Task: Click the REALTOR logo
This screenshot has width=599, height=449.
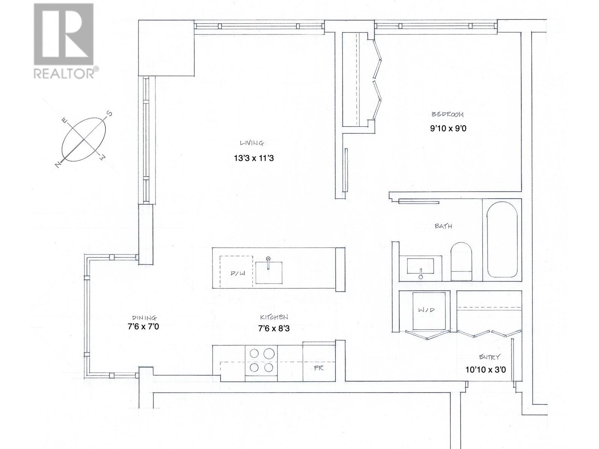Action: tap(64, 41)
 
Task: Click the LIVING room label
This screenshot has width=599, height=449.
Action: tap(252, 143)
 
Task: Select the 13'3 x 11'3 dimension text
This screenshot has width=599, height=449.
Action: tap(254, 158)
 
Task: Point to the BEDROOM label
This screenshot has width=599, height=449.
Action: tap(448, 114)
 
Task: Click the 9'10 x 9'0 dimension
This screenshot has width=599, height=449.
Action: tap(448, 129)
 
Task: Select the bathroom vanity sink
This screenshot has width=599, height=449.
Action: tap(420, 266)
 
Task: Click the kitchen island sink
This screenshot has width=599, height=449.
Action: tap(269, 272)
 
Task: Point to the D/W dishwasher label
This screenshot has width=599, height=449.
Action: tap(237, 274)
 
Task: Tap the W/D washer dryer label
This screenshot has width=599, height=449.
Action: tap(426, 310)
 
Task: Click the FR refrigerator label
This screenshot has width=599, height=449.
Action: tap(319, 368)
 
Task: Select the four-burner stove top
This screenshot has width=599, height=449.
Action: tap(261, 360)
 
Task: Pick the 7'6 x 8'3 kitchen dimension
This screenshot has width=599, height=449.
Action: tap(274, 329)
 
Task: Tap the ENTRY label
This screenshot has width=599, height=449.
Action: tap(490, 357)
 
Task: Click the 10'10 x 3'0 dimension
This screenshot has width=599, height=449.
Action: tap(486, 370)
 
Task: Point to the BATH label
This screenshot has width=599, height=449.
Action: tap(443, 226)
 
